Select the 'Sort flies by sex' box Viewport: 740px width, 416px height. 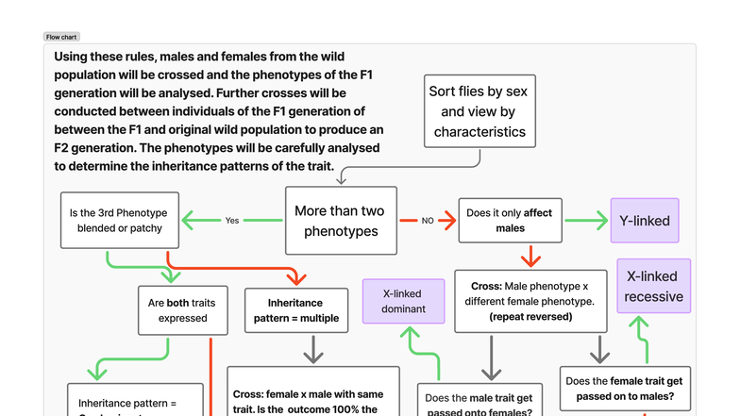(x=479, y=111)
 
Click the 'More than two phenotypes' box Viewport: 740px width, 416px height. (x=341, y=221)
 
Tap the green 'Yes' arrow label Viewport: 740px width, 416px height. (x=232, y=221)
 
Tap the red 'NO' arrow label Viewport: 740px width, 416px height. (x=427, y=221)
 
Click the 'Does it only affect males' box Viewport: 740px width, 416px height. (x=510, y=221)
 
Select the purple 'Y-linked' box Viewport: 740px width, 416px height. (x=645, y=221)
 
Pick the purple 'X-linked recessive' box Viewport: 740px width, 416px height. (x=653, y=287)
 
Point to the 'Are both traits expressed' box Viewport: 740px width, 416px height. (x=182, y=310)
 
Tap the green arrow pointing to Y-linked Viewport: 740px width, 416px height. (x=587, y=221)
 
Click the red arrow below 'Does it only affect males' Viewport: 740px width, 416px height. (x=530, y=256)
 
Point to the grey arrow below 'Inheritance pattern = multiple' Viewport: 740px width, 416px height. (x=312, y=351)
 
